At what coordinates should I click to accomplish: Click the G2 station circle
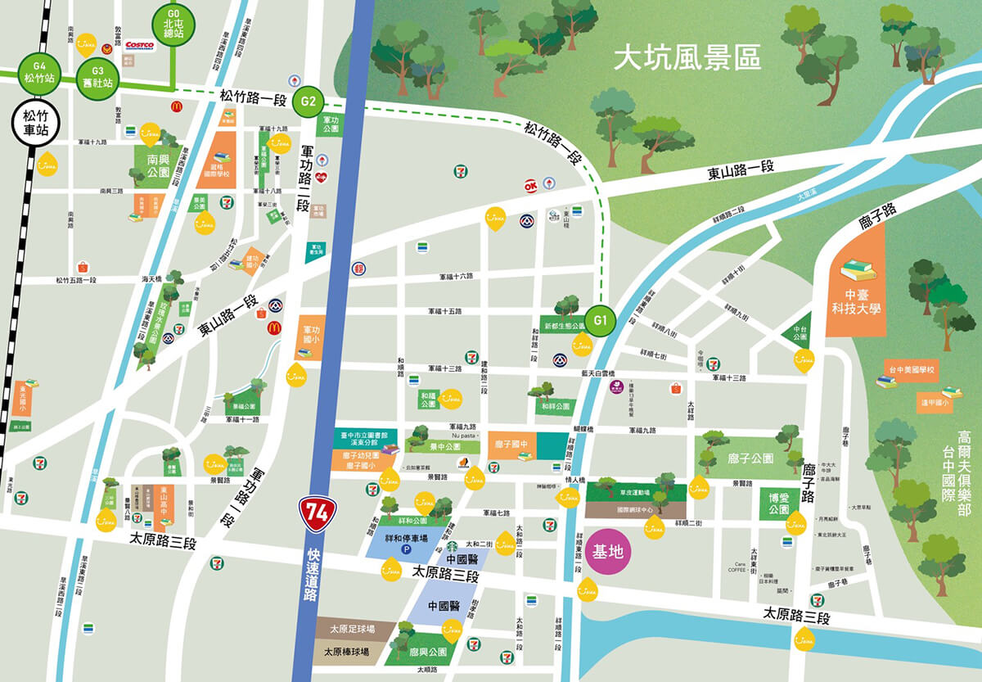click(309, 102)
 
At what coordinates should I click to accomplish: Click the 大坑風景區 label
click(687, 59)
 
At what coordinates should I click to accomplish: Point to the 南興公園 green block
click(151, 166)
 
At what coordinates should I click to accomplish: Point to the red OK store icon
click(530, 186)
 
